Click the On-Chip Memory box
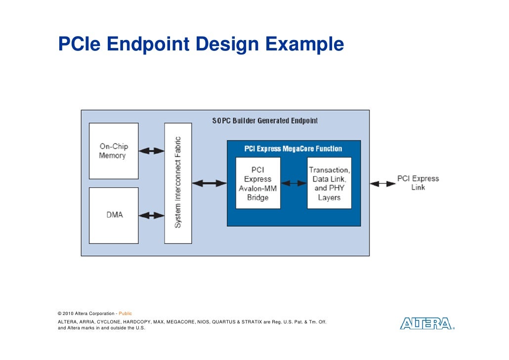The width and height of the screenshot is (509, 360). tap(114, 151)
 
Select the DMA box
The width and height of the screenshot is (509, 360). tap(114, 215)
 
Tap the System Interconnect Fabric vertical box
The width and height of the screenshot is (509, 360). tap(178, 183)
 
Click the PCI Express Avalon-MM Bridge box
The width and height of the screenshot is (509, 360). tap(257, 183)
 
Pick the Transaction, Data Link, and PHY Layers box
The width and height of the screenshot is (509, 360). tap(329, 183)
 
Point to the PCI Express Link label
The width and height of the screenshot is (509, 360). tap(418, 183)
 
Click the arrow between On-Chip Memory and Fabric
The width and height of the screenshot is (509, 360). tap(151, 151)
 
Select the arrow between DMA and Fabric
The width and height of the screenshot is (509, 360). tap(151, 215)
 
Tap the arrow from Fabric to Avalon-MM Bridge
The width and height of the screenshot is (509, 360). tap(209, 183)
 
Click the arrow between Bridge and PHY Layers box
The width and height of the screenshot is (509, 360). tap(294, 183)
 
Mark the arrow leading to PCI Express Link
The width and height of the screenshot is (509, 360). tap(382, 183)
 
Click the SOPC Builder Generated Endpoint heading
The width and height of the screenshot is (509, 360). tap(265, 121)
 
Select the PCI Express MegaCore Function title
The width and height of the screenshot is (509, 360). tap(293, 148)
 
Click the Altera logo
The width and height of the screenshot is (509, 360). tap(426, 324)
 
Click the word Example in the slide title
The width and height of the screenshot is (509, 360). tap(304, 45)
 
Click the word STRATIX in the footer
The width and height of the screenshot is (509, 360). tap(252, 322)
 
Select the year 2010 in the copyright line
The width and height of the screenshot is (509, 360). tap(68, 314)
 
